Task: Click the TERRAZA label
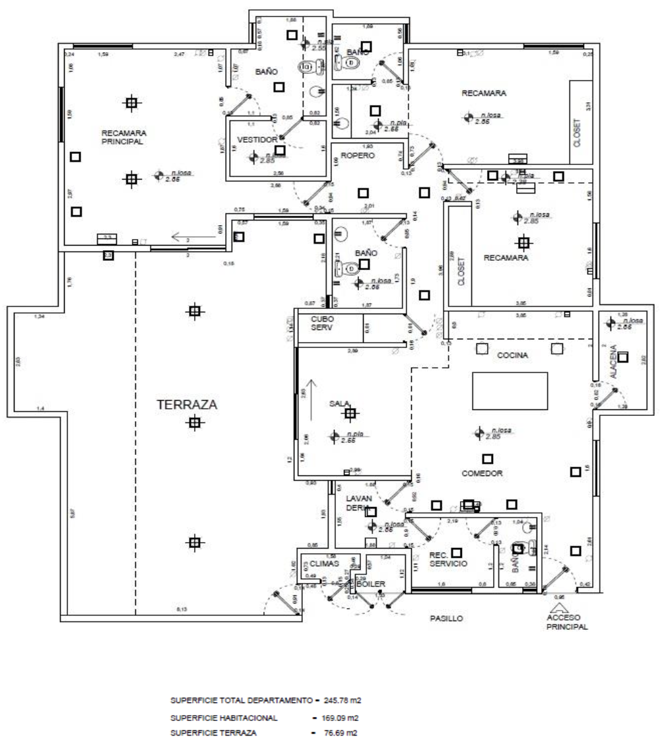(x=187, y=405)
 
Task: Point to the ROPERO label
(x=358, y=156)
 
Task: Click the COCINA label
(x=513, y=355)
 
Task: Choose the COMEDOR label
(x=483, y=473)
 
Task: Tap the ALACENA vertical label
(x=613, y=361)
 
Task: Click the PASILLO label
(x=447, y=619)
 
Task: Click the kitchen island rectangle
(x=510, y=391)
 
